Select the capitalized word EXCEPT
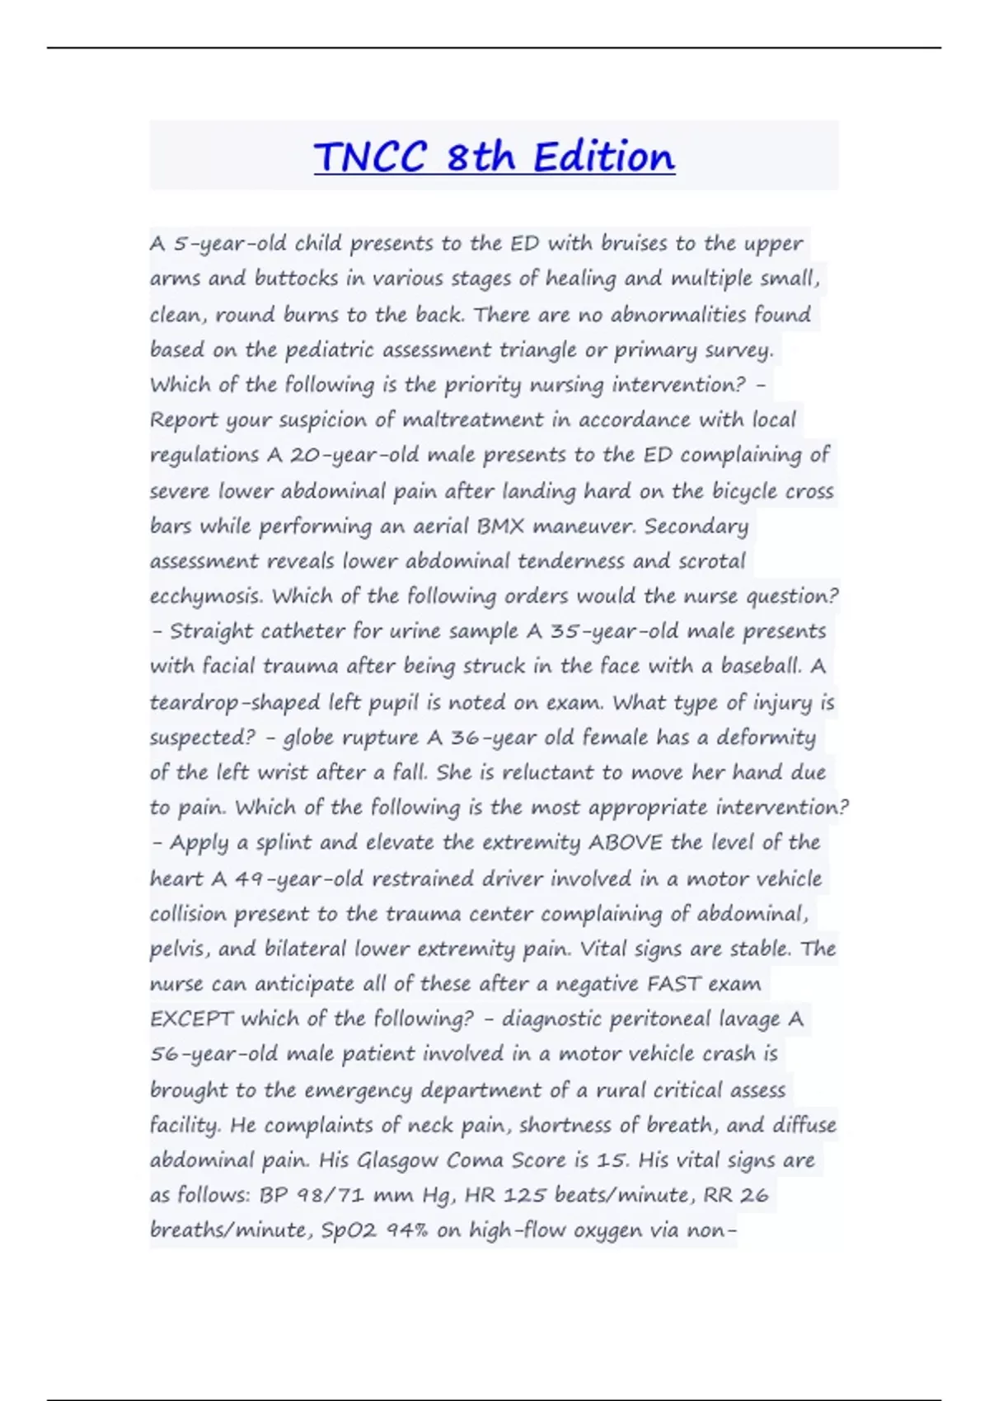click(x=191, y=1019)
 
